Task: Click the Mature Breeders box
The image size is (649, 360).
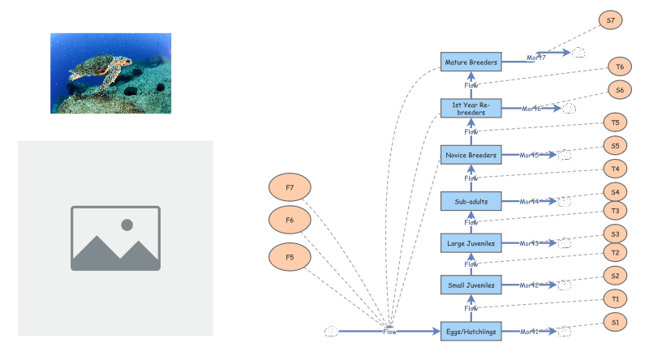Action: point(471,62)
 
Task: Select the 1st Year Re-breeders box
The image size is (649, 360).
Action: point(471,108)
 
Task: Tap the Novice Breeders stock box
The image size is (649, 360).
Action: point(471,155)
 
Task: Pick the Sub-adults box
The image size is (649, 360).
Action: point(471,201)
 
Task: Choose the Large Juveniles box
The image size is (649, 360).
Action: point(471,242)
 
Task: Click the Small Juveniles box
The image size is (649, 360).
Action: point(471,285)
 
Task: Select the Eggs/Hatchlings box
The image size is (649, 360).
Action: point(471,331)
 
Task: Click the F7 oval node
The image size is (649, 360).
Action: point(290,188)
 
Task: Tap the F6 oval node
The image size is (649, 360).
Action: point(290,221)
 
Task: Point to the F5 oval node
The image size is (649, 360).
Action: point(290,258)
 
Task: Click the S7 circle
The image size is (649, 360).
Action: point(610,20)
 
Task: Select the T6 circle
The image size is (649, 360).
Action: point(620,67)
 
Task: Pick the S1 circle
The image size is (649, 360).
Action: point(615,323)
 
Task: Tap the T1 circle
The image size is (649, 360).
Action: point(615,299)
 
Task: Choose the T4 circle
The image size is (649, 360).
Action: point(616,169)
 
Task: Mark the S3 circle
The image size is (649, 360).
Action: point(615,234)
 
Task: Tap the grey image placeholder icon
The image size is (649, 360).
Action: point(115,238)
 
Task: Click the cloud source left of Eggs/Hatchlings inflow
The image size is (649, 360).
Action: point(331,331)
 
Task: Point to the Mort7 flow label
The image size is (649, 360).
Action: point(535,58)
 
